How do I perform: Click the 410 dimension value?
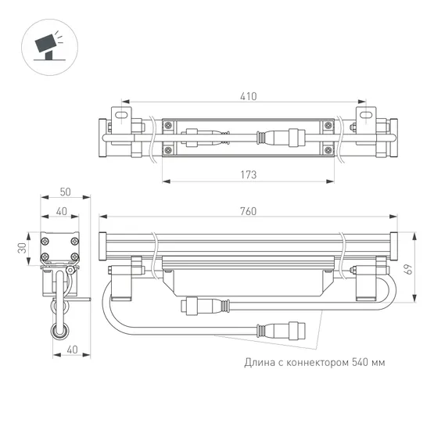click(x=247, y=96)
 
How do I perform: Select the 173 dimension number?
click(x=247, y=174)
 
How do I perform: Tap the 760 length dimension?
click(x=247, y=212)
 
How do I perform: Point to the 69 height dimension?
click(x=407, y=267)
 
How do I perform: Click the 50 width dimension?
click(x=64, y=192)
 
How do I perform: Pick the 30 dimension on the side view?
click(x=23, y=246)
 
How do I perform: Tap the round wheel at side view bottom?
click(x=60, y=335)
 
